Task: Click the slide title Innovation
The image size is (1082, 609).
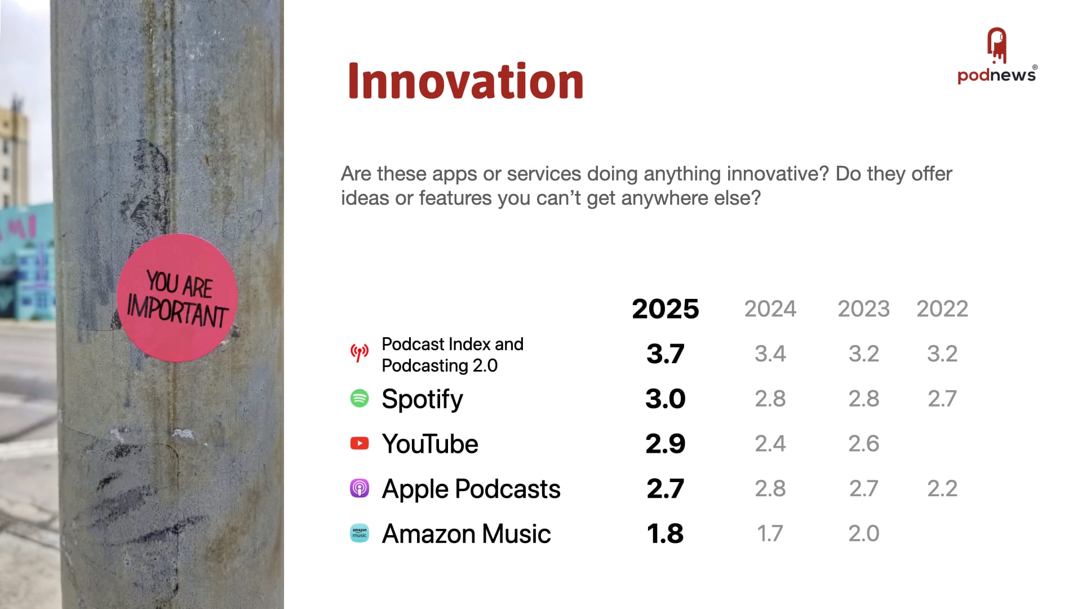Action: coord(465,81)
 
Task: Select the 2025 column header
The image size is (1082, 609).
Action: coord(665,309)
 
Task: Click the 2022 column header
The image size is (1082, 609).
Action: coord(942,309)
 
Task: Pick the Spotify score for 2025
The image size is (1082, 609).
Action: coord(666,399)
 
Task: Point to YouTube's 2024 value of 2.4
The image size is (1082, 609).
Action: coord(770,444)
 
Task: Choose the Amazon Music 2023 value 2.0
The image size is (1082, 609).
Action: coord(864,533)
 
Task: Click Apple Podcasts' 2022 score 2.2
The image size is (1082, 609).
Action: coord(942,488)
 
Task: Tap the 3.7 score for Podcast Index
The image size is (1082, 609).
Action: coord(666,354)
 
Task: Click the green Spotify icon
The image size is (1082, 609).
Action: coord(360,398)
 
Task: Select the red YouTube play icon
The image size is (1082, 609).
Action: coord(360,443)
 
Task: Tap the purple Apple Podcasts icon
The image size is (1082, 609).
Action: coord(360,488)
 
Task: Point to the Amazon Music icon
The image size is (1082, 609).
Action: coord(360,533)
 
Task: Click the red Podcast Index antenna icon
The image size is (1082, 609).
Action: coord(360,353)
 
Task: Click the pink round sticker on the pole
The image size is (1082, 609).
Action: coord(177,298)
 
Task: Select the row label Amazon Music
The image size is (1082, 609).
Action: coord(466,533)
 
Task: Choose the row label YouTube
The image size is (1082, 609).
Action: coord(430,444)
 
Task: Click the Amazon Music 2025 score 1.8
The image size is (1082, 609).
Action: coord(666,533)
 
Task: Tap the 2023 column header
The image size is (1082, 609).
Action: coord(863,309)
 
